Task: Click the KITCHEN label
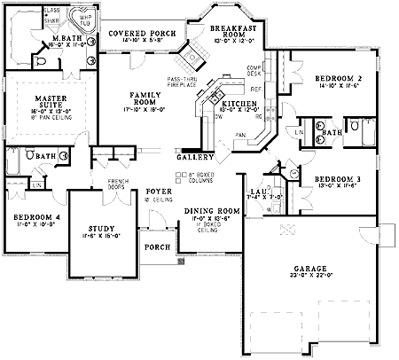(239, 104)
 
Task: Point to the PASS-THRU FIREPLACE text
(181, 82)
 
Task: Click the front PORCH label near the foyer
(158, 247)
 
